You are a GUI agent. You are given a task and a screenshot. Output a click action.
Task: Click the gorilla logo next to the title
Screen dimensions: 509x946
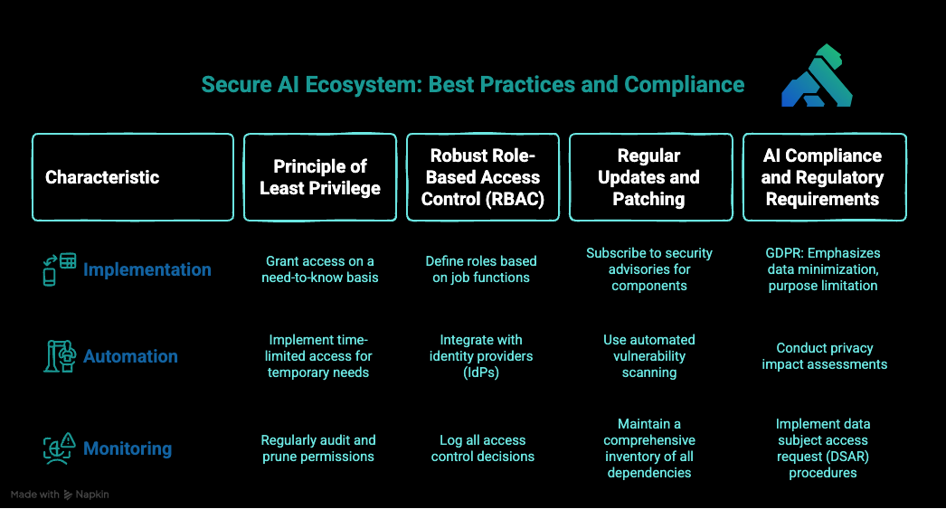click(817, 77)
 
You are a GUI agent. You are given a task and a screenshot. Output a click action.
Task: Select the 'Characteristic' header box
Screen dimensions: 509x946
click(132, 177)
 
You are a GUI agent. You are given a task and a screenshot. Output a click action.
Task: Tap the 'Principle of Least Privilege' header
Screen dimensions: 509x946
click(320, 177)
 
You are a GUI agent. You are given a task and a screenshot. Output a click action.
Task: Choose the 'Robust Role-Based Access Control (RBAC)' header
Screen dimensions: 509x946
click(483, 177)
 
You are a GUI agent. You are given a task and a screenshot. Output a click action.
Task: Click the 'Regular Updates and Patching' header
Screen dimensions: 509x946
click(649, 177)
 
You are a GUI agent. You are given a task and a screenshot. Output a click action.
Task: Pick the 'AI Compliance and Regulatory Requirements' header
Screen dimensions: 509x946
click(824, 177)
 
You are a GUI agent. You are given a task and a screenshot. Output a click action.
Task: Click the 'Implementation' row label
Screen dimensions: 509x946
click(147, 269)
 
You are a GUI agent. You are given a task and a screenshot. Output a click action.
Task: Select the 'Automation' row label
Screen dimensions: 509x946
click(130, 356)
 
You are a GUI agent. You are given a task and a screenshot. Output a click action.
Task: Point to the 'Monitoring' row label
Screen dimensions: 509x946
click(127, 448)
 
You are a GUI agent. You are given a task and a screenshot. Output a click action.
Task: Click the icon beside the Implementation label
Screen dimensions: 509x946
click(60, 269)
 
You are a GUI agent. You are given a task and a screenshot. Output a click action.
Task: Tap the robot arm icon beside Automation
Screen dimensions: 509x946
click(60, 356)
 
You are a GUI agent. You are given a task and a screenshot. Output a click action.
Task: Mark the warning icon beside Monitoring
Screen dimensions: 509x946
click(60, 448)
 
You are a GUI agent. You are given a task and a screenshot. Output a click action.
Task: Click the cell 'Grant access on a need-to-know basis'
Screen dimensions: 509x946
click(320, 269)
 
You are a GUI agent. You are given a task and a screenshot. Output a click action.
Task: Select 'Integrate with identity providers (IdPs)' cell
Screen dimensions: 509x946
click(481, 356)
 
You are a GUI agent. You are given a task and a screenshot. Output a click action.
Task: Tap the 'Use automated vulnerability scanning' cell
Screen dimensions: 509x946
click(649, 356)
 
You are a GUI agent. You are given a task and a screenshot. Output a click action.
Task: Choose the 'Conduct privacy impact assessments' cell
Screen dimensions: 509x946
click(824, 356)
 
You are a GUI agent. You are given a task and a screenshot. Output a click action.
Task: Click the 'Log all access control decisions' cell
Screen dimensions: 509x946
click(482, 448)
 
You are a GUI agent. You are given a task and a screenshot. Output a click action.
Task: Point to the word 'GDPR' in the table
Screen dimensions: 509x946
click(784, 253)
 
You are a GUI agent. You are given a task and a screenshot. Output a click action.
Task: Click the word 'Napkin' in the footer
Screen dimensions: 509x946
click(93, 495)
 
